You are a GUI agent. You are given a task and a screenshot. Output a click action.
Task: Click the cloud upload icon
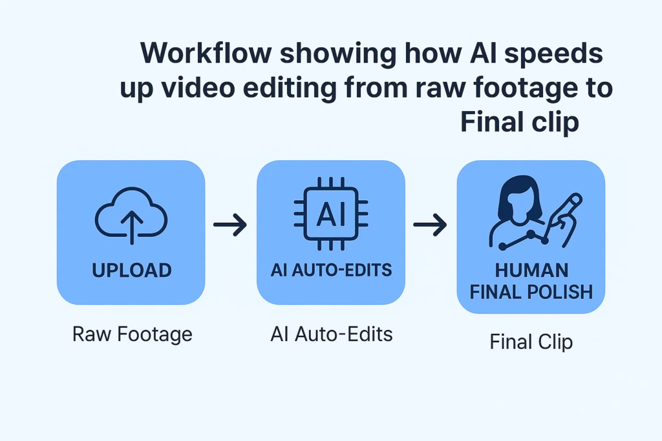pos(131,216)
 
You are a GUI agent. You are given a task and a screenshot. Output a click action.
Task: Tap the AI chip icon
pos(331,214)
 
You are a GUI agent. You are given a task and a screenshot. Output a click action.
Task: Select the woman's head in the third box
pos(520,199)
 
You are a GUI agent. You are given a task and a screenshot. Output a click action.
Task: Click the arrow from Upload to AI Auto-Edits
pos(230,225)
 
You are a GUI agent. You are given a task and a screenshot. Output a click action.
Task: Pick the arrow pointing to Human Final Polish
pos(430,225)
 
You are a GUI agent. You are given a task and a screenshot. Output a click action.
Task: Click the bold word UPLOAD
pos(132,271)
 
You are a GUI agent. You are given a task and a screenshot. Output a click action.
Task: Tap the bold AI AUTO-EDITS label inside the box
pos(332,270)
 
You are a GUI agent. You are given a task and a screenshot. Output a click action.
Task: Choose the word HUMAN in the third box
pos(531,271)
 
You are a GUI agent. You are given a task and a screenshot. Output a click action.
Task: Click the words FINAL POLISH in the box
pos(531,292)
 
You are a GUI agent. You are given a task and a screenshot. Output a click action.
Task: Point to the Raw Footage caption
pos(132,334)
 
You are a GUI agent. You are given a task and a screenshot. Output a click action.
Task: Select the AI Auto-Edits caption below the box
pos(332,334)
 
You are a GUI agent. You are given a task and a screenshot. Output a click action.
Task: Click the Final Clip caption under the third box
pos(531,342)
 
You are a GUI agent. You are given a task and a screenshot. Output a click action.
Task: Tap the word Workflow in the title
pos(206,53)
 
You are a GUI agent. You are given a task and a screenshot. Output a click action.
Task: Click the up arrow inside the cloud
pos(132,227)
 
